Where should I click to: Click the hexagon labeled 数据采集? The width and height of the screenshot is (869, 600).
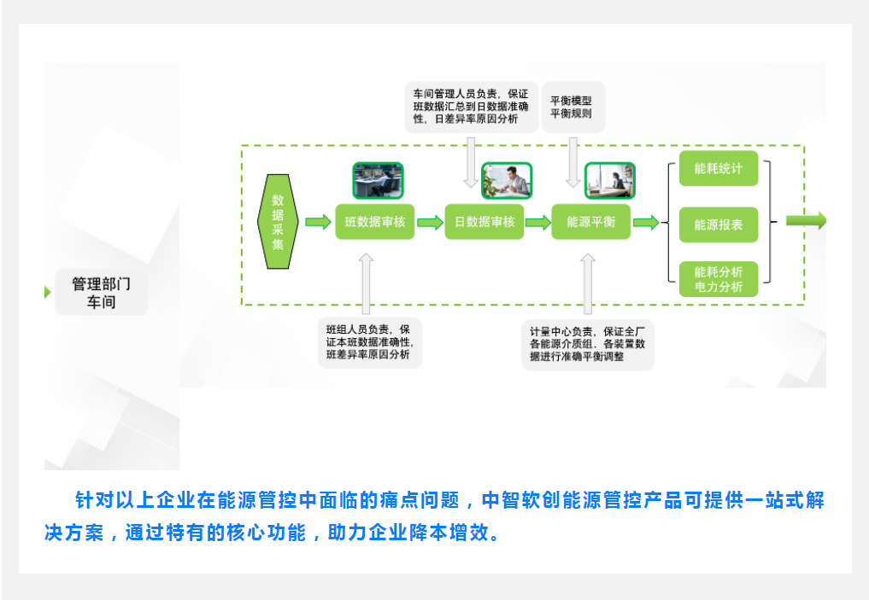[x=278, y=221]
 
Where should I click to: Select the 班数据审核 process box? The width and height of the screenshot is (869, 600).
[x=375, y=222]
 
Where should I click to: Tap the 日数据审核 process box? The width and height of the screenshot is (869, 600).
[x=484, y=222]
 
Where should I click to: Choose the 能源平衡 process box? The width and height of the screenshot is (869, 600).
[x=591, y=222]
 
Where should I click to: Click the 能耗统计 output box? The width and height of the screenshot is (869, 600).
[x=719, y=169]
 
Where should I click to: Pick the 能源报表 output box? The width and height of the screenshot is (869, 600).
[x=719, y=225]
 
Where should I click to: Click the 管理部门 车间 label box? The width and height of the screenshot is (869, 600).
[x=101, y=293]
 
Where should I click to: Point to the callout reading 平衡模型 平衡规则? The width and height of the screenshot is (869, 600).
[x=572, y=107]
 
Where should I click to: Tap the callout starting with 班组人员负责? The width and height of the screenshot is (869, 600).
[x=369, y=341]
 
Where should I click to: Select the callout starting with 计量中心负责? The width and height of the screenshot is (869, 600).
[x=588, y=344]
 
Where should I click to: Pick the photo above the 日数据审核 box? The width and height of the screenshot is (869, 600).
[x=507, y=180]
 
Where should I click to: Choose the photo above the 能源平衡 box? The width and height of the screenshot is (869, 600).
[x=610, y=180]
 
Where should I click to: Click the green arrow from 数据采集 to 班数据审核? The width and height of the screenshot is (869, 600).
[x=318, y=223]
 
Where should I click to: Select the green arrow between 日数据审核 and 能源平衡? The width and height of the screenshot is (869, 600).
[x=537, y=223]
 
